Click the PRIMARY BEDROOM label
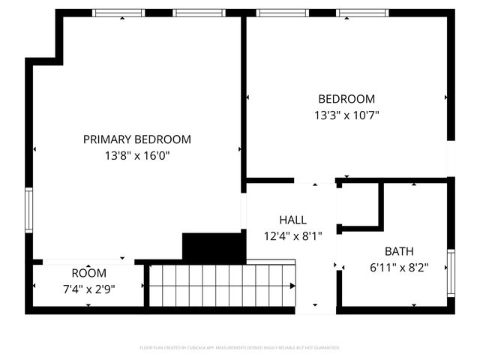[136, 139]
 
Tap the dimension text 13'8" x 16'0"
[136, 156]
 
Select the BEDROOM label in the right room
[346, 99]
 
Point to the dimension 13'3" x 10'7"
[346, 115]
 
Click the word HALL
[292, 220]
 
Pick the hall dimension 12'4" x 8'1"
[292, 235]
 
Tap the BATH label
[399, 251]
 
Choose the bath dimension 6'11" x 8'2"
[399, 267]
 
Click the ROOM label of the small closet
[88, 273]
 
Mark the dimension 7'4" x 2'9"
[88, 289]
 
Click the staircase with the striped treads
[222, 284]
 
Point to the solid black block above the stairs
[214, 247]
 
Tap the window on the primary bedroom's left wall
[28, 211]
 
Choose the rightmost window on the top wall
[361, 13]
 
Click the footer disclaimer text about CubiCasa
[240, 348]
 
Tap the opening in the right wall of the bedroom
[451, 159]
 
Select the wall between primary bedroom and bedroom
[244, 97]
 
